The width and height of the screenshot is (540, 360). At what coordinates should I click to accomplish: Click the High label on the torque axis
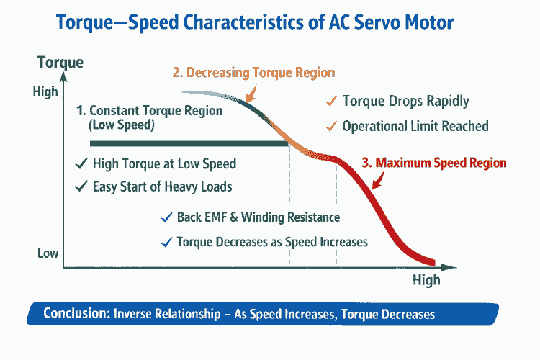(46, 91)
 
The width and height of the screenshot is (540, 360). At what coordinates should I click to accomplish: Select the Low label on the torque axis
(48, 253)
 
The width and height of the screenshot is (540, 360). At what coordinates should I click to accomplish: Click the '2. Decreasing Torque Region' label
(253, 73)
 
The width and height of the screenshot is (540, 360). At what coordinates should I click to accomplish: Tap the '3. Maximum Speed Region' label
(434, 163)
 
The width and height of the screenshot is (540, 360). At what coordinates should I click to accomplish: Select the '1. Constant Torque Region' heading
(150, 112)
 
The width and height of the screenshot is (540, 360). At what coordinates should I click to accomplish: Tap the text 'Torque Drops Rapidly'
(406, 102)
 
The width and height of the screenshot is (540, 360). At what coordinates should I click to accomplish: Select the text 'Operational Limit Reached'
(415, 126)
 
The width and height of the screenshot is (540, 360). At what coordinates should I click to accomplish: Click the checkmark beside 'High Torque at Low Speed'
(81, 163)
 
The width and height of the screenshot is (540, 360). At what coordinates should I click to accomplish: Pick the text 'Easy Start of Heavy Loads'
(163, 187)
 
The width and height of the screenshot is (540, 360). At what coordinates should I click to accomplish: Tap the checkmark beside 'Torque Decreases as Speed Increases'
(167, 242)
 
